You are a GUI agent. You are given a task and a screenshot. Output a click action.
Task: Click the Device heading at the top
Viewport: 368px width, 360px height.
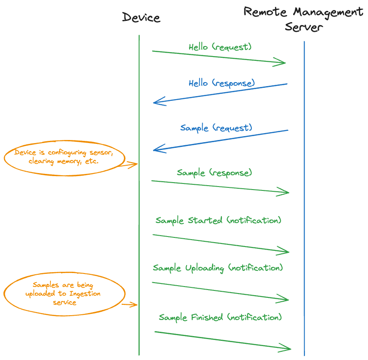click(x=141, y=18)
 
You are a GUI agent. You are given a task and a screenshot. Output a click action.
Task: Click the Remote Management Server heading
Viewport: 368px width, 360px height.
click(x=304, y=19)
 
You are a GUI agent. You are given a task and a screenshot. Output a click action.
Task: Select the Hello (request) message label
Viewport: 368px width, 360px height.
click(x=220, y=47)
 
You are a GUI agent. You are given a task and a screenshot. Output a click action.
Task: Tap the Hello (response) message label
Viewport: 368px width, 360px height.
click(x=221, y=83)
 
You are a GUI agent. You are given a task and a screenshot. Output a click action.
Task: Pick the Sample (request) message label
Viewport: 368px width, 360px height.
click(x=216, y=128)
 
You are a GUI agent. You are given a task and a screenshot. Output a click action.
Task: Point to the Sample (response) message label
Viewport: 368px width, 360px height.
click(x=214, y=173)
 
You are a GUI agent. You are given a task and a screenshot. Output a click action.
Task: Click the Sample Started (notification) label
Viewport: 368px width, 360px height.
click(x=218, y=220)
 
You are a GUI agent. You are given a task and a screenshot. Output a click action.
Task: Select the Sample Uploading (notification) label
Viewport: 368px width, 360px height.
click(x=218, y=268)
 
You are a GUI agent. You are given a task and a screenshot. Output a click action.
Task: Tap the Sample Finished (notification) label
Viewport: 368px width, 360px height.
click(x=220, y=317)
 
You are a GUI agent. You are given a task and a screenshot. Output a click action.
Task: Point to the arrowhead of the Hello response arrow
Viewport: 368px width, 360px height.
click(x=156, y=103)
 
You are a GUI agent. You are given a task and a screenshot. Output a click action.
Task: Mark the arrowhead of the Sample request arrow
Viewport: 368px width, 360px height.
click(x=156, y=150)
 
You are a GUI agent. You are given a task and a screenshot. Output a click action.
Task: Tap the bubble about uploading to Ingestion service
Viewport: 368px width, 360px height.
click(x=64, y=293)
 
